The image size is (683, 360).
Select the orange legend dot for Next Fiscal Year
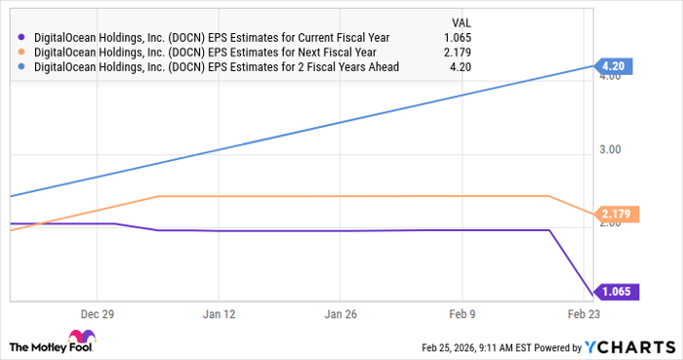coord(22,52)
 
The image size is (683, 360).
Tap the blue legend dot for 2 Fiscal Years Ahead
coord(22,67)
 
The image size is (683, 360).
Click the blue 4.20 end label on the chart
coord(611,66)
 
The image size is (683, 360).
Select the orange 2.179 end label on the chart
coord(618,213)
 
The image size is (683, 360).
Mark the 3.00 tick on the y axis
coord(610,149)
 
